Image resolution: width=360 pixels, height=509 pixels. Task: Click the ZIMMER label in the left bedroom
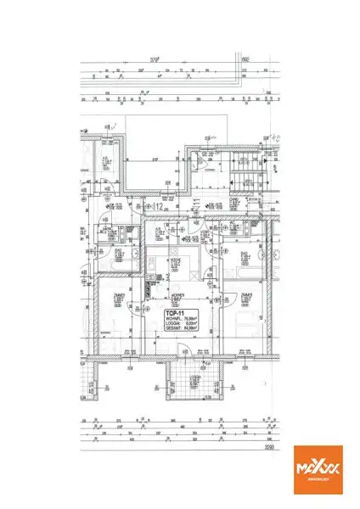pos(115,294)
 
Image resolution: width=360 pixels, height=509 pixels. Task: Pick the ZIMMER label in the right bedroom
pos(246,294)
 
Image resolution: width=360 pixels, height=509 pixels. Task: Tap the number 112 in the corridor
pos(158,206)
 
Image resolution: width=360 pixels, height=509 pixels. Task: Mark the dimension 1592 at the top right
pos(245,60)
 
